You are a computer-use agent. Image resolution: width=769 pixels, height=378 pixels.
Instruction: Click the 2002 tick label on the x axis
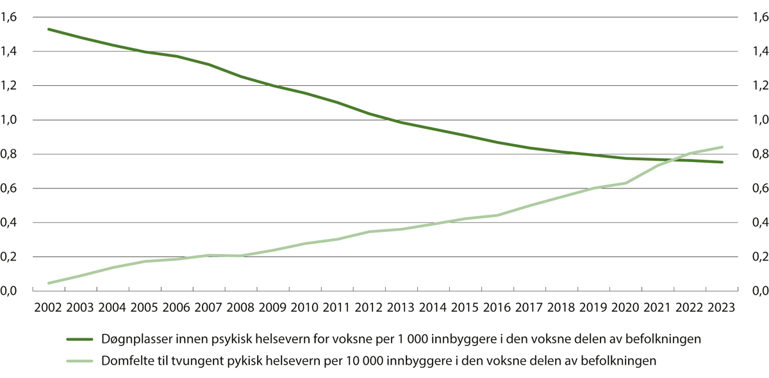point(48,307)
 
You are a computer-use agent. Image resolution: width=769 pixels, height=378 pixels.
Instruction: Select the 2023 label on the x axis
point(722,307)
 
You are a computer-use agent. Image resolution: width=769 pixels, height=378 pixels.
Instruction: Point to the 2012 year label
point(369,307)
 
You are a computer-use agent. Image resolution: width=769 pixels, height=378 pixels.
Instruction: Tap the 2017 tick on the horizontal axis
point(529,307)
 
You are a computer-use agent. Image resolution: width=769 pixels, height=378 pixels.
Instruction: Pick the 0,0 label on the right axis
point(758,292)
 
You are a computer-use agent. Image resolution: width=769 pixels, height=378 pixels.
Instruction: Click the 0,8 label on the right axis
point(758,154)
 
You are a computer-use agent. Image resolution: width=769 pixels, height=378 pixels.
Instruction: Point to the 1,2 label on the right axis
point(758,86)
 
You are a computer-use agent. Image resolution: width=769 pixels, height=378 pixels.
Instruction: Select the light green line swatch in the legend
point(81,361)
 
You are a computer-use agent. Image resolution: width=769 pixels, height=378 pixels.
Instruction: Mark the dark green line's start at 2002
point(48,29)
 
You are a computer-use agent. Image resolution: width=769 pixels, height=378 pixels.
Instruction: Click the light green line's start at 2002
point(48,283)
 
